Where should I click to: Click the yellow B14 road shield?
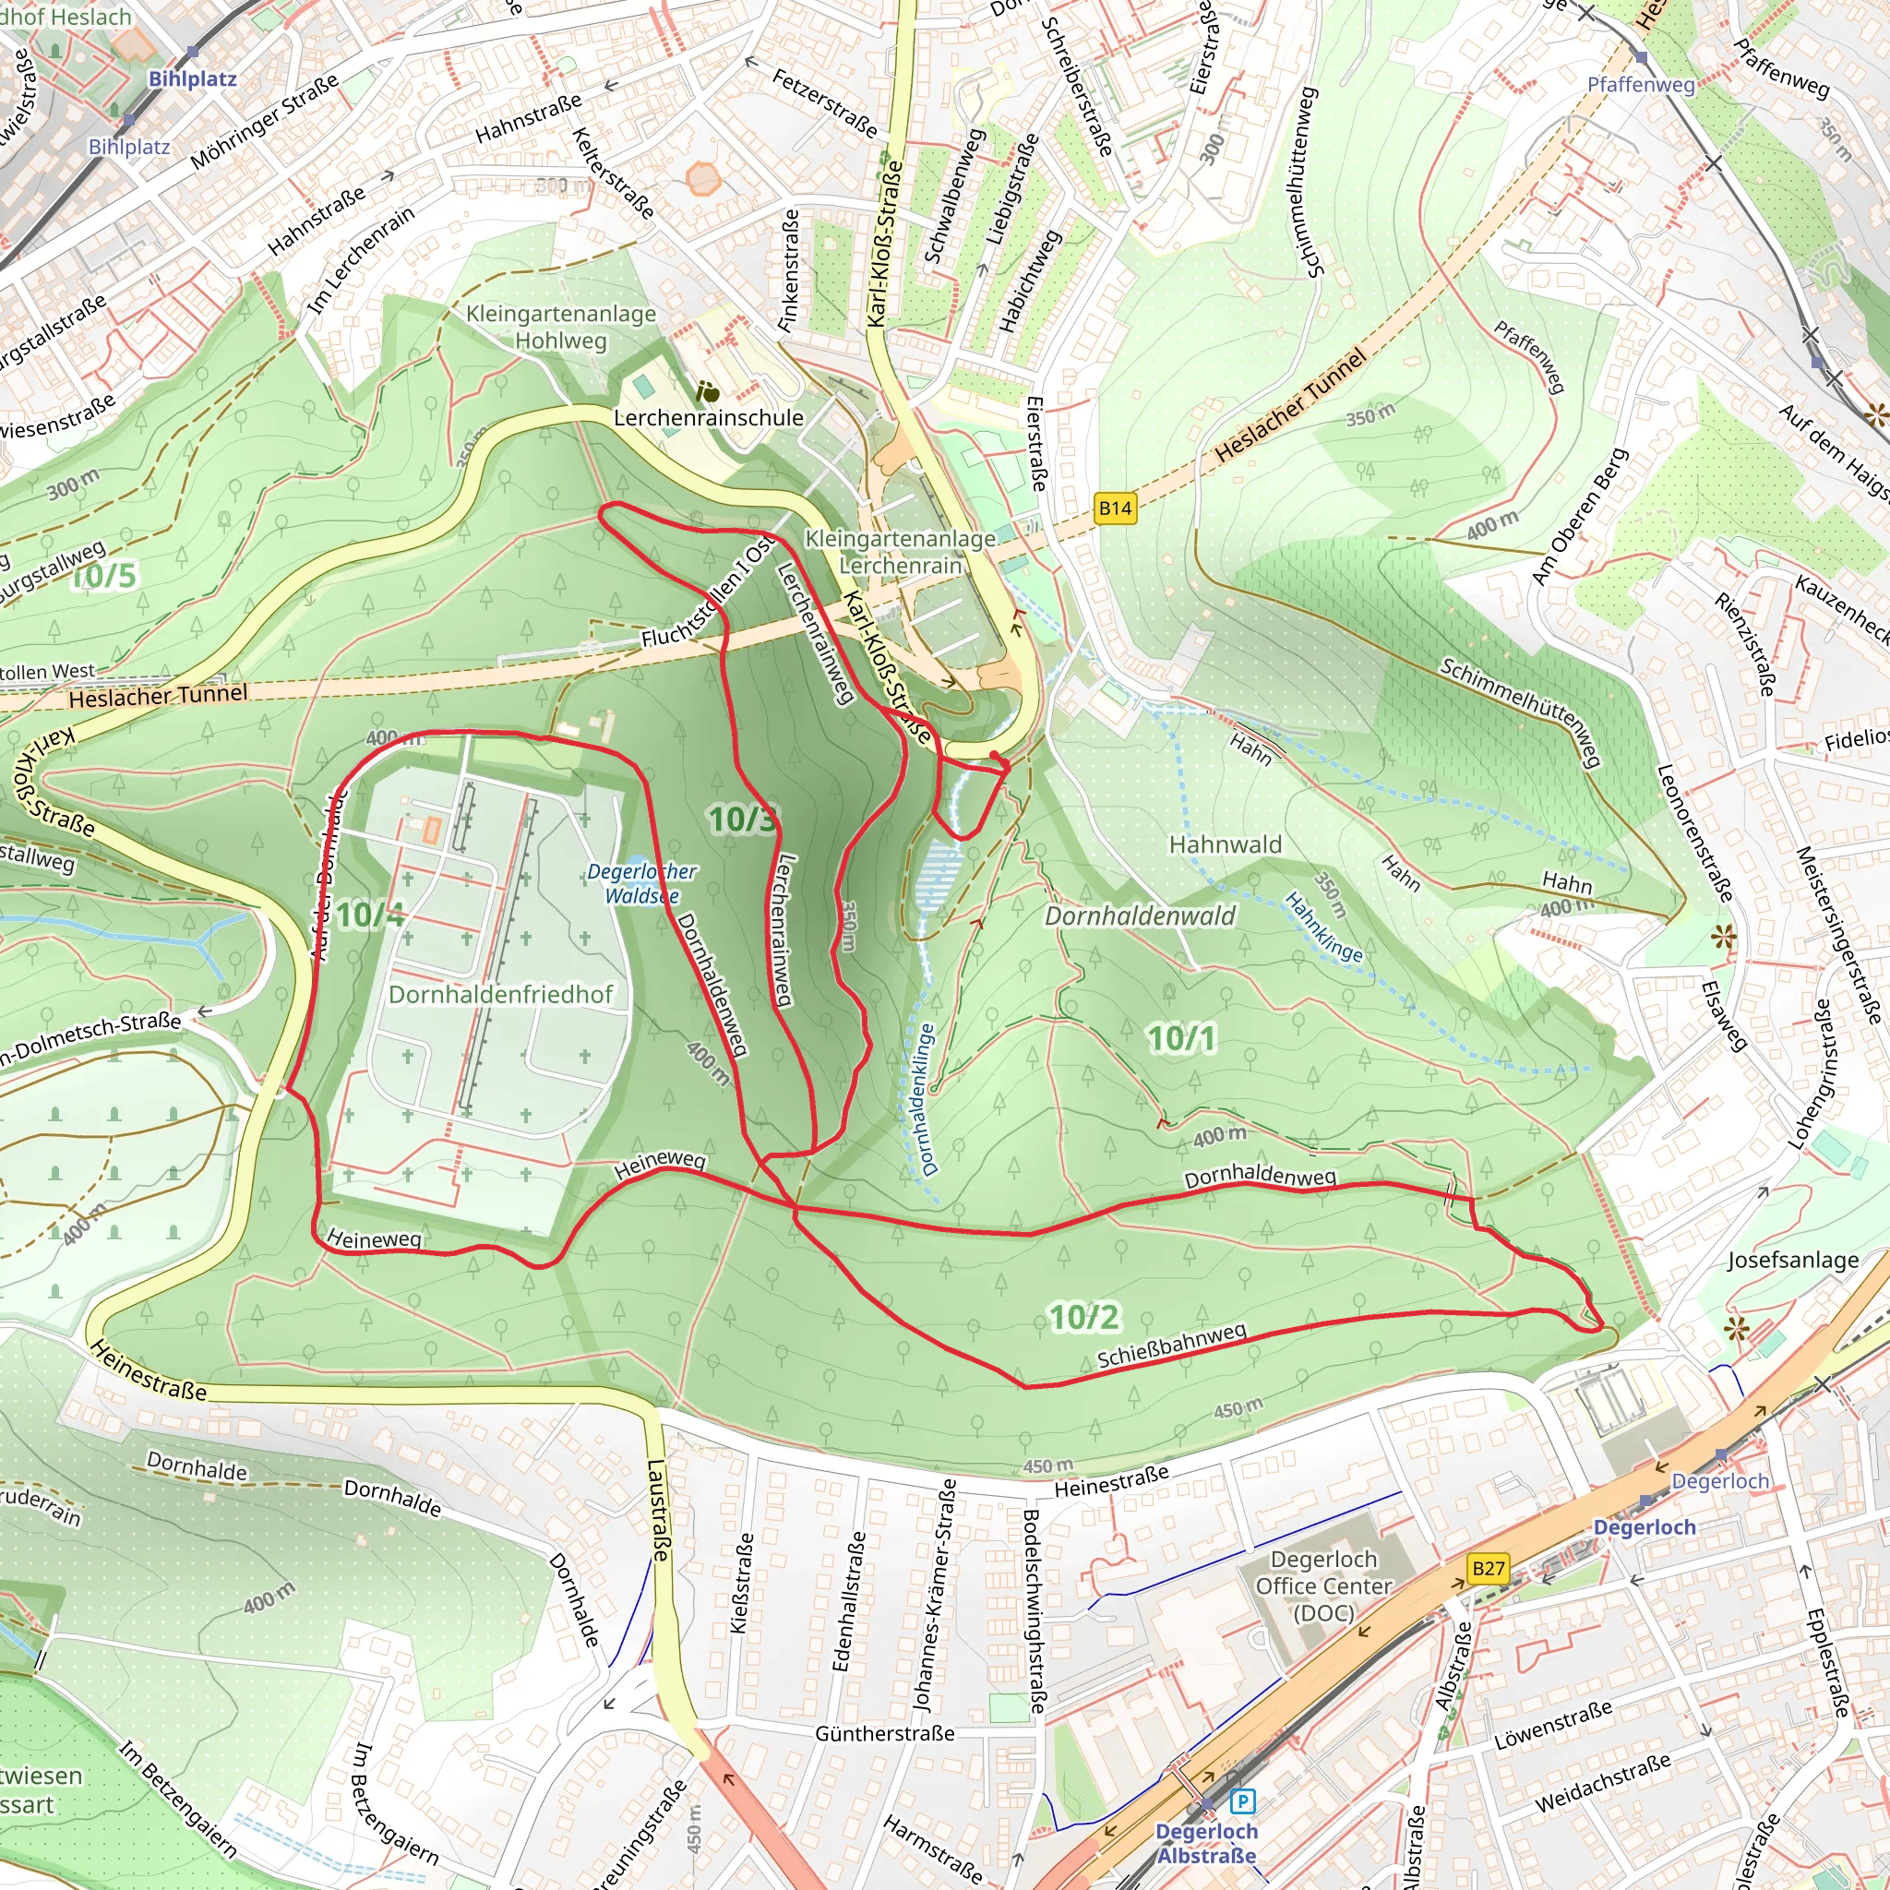pos(1115,508)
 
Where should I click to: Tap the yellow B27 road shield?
pos(1488,1568)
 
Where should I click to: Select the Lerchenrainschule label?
pos(708,418)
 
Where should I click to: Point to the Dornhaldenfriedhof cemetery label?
pos(501,994)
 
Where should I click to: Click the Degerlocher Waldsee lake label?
pos(641,883)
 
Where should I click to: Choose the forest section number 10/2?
pos(1085,1318)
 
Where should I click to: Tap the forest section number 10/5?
pos(104,575)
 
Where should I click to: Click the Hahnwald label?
pos(1225,844)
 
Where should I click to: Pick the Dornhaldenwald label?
pos(1140,915)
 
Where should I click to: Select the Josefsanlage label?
pos(1792,1260)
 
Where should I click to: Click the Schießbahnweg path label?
pos(1172,1346)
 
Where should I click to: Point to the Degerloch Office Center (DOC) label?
pos(1323,1585)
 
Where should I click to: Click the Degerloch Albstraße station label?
pos(1206,1843)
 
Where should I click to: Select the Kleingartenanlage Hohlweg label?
pos(560,327)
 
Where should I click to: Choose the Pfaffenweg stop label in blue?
pos(1641,85)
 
